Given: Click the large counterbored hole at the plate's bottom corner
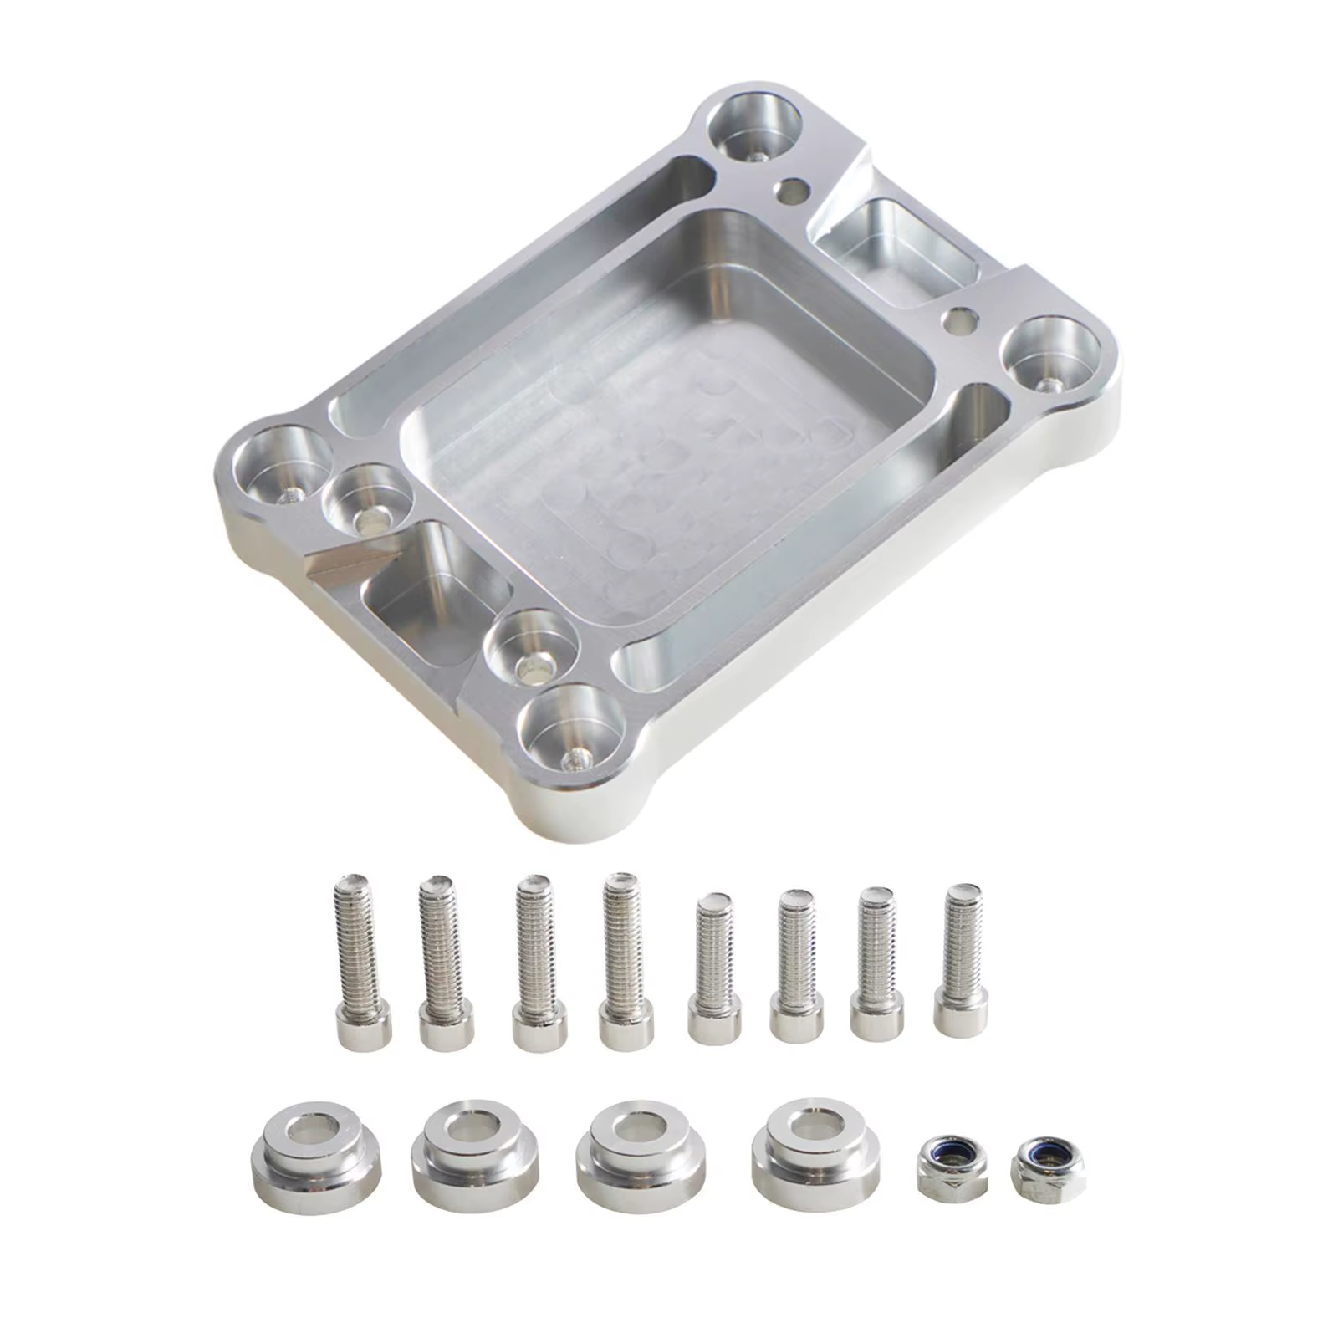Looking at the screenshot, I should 572,728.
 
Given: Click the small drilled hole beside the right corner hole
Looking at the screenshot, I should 959,319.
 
